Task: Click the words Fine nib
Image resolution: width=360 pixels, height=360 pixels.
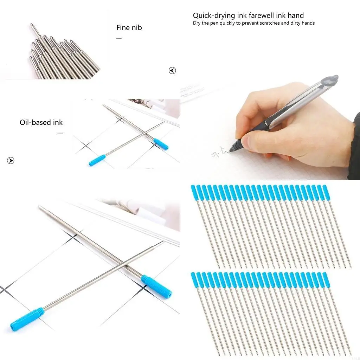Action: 129,27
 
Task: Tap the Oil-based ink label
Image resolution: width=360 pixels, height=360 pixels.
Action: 41,123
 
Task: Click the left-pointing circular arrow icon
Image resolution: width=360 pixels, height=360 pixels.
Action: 172,71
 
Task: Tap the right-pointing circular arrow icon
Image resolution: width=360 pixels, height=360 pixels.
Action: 11,161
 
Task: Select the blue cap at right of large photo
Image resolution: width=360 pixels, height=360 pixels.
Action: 156,287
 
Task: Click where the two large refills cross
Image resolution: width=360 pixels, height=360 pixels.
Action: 124,264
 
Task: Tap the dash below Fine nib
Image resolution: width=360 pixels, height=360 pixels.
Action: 119,38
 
